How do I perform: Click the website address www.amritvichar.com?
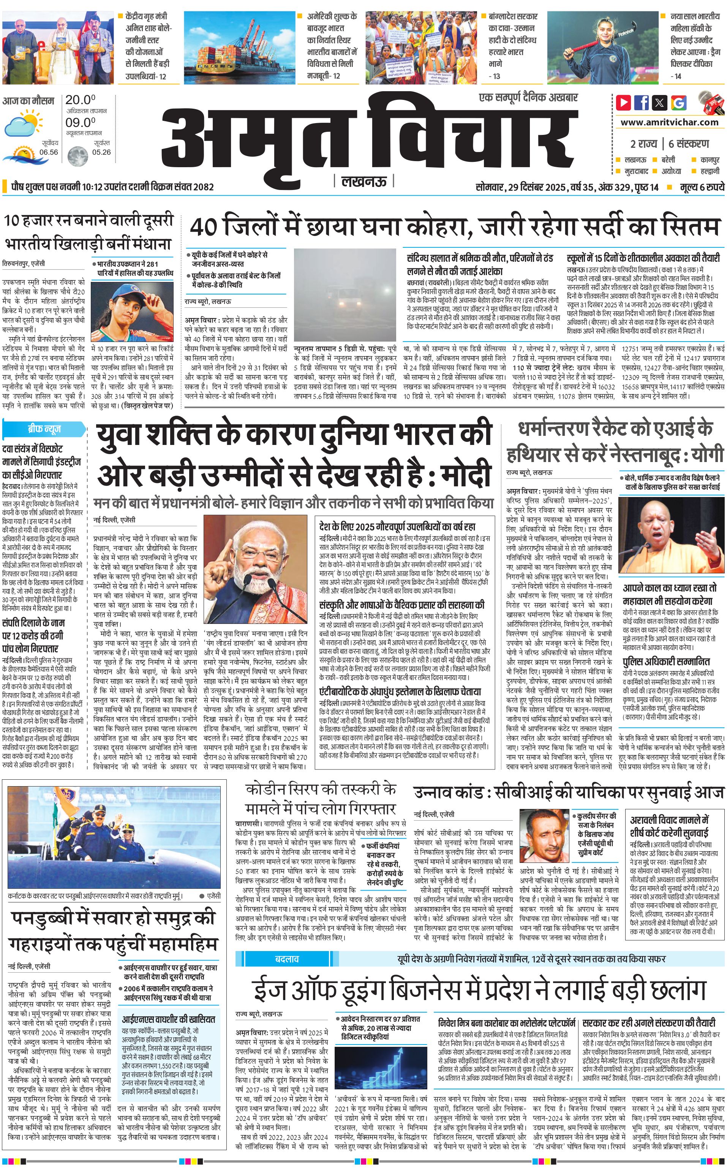[x=669, y=122]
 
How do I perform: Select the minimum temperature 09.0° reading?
[x=80, y=123]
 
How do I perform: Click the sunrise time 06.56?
[x=49, y=152]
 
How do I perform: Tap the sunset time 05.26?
[x=101, y=152]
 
